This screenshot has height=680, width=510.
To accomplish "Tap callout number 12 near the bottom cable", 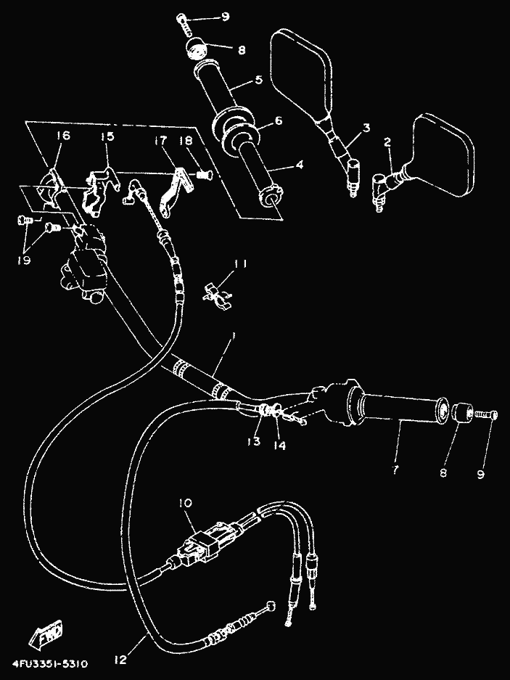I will (x=120, y=660).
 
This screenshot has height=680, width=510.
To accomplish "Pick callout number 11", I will (x=240, y=264).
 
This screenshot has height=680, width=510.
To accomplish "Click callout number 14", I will (x=279, y=446).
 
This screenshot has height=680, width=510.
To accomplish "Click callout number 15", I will (x=108, y=137).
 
